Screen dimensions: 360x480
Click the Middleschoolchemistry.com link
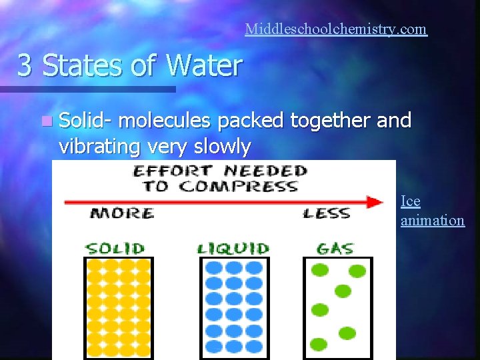click(x=335, y=29)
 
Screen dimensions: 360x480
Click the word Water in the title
click(x=204, y=66)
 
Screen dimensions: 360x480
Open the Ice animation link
click(x=432, y=211)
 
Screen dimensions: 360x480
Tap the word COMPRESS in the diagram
click(x=249, y=186)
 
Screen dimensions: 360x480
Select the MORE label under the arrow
click(x=122, y=213)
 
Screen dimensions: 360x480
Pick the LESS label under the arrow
click(x=326, y=213)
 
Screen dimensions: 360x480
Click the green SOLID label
click(x=115, y=249)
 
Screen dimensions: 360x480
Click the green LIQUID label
click(x=233, y=249)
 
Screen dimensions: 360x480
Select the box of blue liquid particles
click(x=233, y=307)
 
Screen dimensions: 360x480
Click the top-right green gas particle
click(x=357, y=271)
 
